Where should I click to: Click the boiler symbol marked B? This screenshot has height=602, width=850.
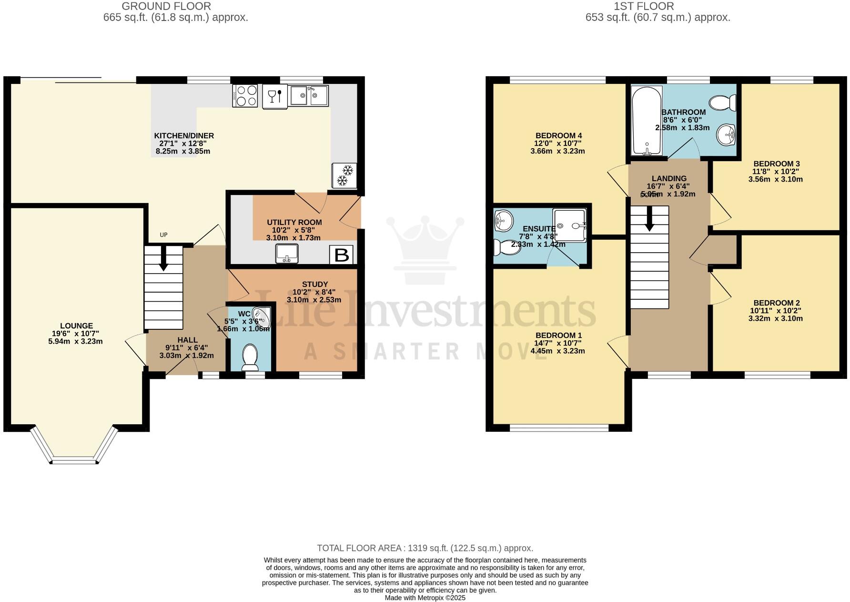click(341, 255)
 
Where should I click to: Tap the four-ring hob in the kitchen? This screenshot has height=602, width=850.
click(245, 95)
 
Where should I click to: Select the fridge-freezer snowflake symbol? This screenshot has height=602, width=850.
click(344, 175)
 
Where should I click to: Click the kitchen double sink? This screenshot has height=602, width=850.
click(310, 95)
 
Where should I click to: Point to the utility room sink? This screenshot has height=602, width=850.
click(287, 253)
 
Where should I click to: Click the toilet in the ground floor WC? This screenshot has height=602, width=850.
click(250, 357)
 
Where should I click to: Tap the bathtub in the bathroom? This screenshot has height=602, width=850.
click(647, 121)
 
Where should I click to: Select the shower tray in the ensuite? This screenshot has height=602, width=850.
click(569, 225)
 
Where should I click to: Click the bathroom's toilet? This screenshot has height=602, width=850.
click(723, 102)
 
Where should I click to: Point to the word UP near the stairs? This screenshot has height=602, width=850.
click(163, 235)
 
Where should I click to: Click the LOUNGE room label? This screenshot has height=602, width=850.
click(76, 326)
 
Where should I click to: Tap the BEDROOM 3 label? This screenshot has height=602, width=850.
click(776, 164)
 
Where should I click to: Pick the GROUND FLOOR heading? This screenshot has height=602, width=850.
click(166, 6)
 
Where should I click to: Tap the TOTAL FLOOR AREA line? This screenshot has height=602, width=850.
click(425, 548)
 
